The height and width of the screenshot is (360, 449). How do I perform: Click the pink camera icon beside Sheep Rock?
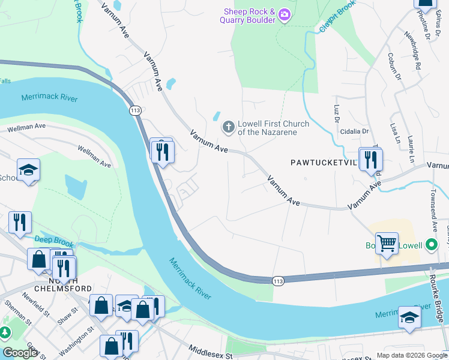coord(285,15)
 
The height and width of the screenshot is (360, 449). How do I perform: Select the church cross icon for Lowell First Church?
coord(228,127)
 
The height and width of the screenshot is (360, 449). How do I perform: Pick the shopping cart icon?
coord(387,243)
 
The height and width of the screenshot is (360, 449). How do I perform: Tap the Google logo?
coord(20,353)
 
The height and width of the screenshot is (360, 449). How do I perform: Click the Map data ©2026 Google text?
coord(411,355)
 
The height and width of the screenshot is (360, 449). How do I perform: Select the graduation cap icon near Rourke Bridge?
coord(409,318)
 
